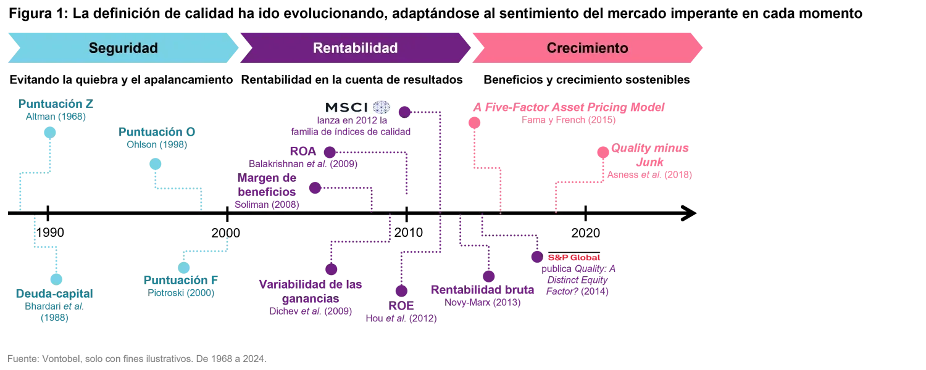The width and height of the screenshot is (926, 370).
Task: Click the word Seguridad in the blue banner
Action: (x=123, y=48)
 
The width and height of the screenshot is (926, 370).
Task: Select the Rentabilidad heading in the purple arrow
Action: (x=355, y=48)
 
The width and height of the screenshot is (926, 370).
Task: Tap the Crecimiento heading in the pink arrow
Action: (x=587, y=48)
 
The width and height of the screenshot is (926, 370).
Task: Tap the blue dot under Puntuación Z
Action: (x=49, y=133)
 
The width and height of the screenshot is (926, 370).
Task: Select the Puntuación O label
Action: (x=157, y=133)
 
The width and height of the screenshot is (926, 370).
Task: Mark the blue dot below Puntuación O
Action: (x=156, y=165)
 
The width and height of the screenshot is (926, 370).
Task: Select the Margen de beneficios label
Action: (x=267, y=185)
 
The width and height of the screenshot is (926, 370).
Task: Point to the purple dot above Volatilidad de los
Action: (x=331, y=269)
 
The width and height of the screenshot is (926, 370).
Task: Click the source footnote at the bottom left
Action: (x=135, y=356)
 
